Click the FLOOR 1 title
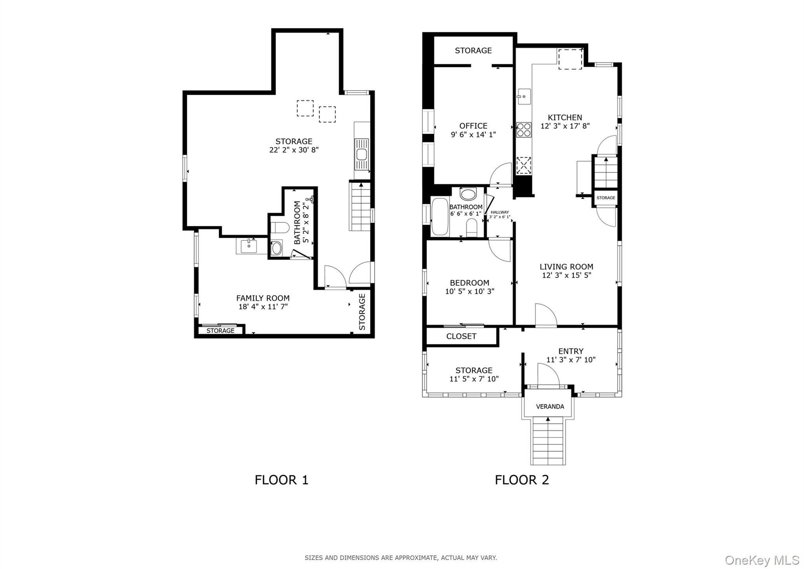point(281,480)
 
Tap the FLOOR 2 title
point(522,480)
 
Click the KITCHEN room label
point(565,117)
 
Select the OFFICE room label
point(473,126)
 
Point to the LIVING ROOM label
point(566,267)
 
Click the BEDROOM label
point(470,283)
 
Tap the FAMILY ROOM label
point(263,298)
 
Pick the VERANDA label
point(550,407)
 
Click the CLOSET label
point(461,336)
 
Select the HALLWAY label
point(500,212)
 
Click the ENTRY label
point(571,351)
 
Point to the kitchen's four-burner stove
point(523,130)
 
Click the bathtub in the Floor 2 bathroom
point(440,217)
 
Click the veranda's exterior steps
point(548,441)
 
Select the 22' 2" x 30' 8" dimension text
point(294,150)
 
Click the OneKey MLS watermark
point(762,560)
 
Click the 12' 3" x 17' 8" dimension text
point(565,126)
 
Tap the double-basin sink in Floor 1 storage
point(362,154)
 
